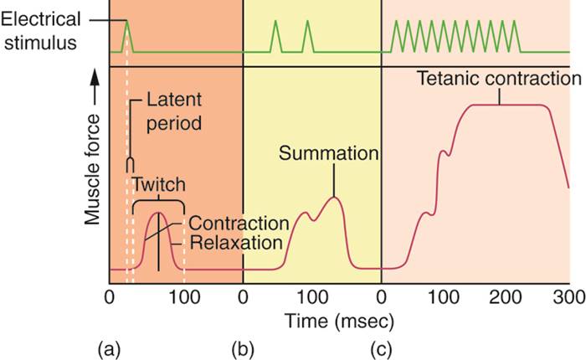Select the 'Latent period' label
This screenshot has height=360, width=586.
coord(174,111)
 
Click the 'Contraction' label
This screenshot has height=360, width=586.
coord(239,224)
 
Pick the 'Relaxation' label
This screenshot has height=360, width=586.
coord(234,244)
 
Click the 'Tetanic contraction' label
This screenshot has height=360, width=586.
coord(500,79)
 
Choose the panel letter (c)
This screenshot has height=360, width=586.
coord(382,345)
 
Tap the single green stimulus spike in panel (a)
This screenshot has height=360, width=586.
coord(126,33)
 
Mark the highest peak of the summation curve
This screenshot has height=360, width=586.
coord(335,198)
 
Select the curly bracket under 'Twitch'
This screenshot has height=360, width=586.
coord(158,201)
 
